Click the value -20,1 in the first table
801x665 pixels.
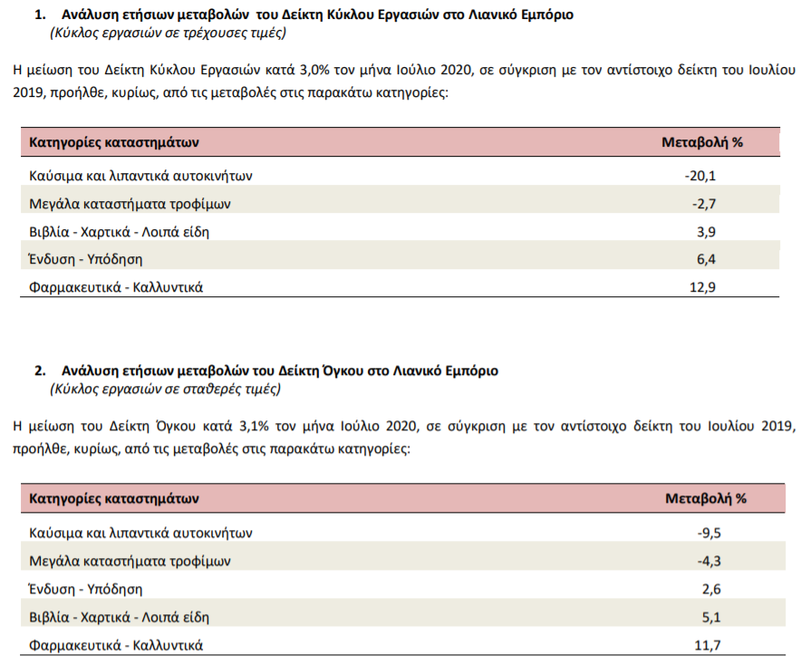700,176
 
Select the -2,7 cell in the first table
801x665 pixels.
704,204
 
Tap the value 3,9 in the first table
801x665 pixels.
707,232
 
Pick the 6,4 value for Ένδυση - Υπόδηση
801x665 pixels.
707,259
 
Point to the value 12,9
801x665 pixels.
703,287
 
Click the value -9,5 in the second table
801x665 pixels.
709,534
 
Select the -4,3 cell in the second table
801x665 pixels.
709,562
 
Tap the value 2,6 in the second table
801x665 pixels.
711,590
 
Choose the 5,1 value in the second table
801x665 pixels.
711,618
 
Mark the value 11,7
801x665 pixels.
708,646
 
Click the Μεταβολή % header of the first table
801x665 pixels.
702,142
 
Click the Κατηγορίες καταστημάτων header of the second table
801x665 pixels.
114,498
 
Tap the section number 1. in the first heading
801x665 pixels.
41,14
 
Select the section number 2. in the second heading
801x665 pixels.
41,371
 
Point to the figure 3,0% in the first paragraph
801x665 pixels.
314,70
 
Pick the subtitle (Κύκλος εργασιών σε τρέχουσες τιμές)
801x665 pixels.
168,34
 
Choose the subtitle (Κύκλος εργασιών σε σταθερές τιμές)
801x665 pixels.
166,390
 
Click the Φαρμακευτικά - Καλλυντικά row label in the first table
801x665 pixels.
116,287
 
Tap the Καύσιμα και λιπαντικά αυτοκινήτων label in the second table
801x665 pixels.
140,534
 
